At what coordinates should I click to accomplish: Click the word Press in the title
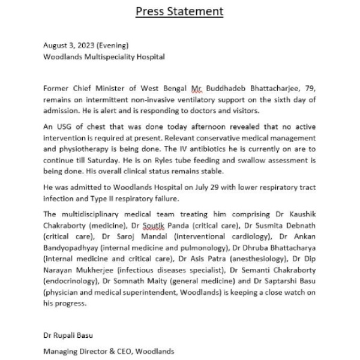149,11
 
